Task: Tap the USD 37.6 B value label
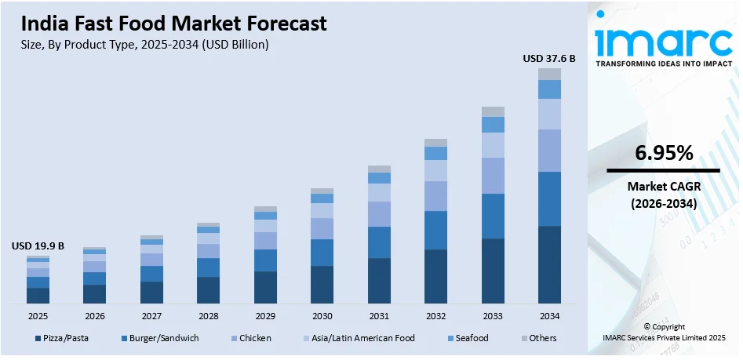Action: pos(549,58)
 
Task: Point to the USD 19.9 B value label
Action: pos(38,245)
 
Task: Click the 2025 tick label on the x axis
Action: pos(38,316)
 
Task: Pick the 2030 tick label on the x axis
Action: pos(322,316)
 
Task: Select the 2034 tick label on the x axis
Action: pos(549,316)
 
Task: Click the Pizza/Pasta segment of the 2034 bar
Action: pos(549,264)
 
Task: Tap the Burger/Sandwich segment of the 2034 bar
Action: pos(549,198)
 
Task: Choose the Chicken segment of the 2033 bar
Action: pos(493,176)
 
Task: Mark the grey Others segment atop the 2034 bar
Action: pos(549,74)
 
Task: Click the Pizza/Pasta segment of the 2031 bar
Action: pos(379,280)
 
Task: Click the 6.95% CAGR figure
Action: pos(664,154)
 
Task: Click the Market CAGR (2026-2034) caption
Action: pos(664,195)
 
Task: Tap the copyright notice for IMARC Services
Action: pos(664,332)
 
